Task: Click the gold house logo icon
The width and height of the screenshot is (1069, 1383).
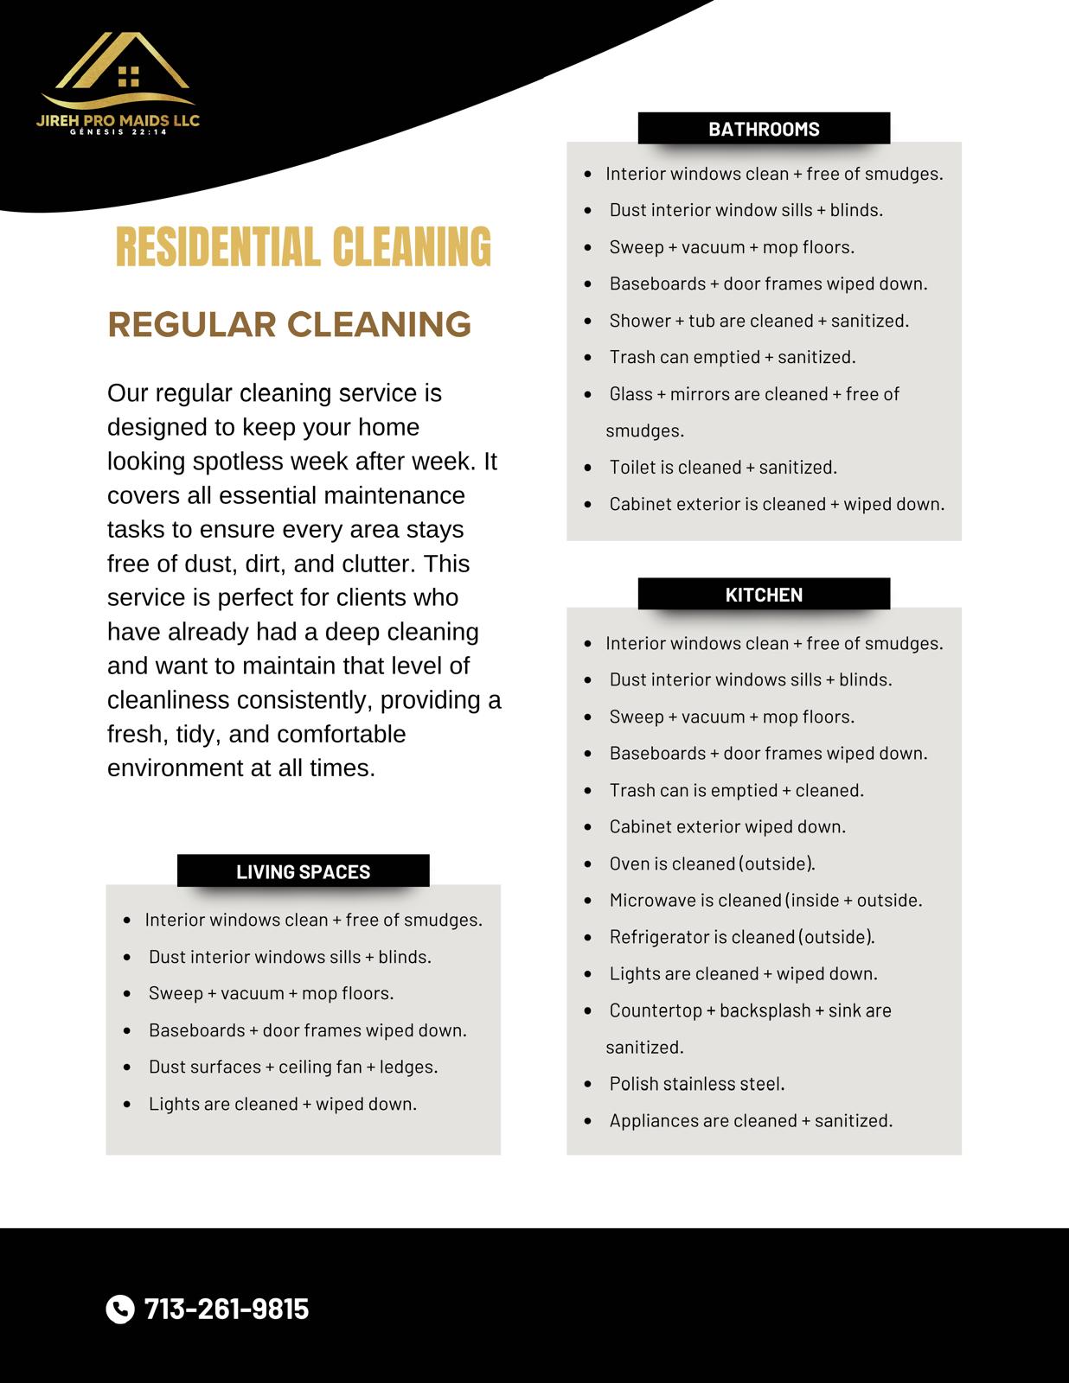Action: [x=122, y=67]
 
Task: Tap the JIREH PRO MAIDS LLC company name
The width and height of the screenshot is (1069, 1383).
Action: [x=118, y=121]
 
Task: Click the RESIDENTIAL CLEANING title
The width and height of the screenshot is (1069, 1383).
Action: [x=303, y=247]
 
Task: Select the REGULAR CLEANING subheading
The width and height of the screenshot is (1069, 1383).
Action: [x=289, y=325]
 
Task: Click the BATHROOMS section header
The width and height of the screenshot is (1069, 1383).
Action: [x=764, y=129]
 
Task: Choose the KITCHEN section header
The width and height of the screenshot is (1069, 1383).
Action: [x=764, y=595]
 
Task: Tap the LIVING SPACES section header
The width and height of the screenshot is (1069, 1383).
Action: [x=303, y=871]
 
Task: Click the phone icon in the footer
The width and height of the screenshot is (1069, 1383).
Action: [x=120, y=1309]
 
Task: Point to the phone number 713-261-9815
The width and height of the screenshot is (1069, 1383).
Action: [x=227, y=1309]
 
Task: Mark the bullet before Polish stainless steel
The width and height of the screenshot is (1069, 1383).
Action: [x=588, y=1084]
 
